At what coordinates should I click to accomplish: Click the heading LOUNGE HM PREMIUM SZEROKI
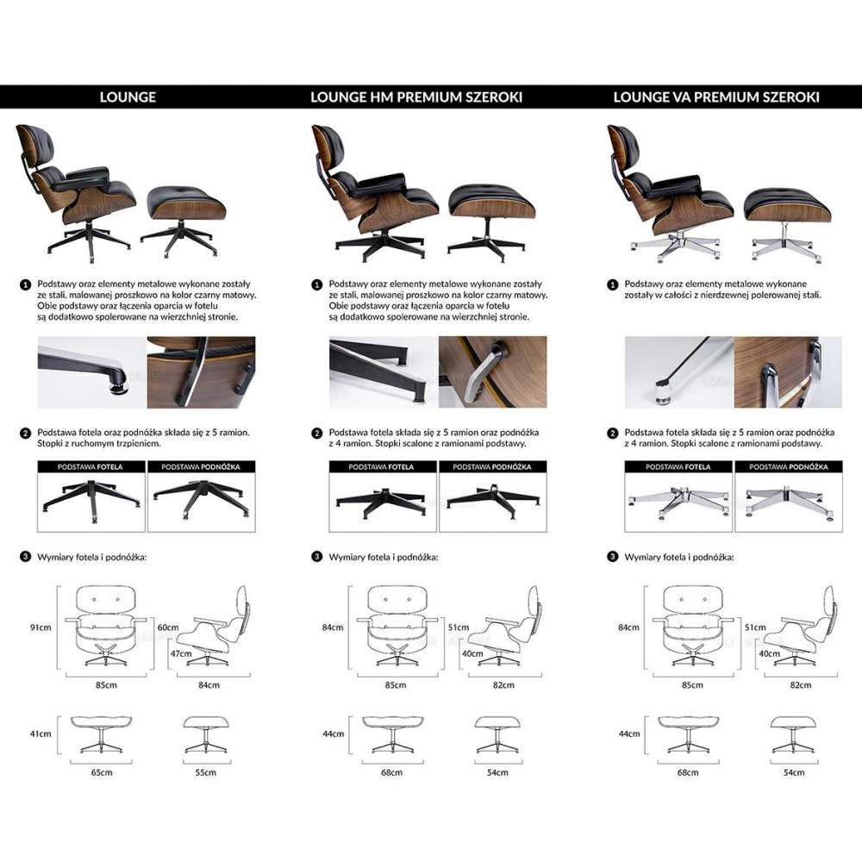tap(416, 97)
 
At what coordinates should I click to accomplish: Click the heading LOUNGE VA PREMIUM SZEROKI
tap(716, 97)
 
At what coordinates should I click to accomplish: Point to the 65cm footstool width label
tap(102, 772)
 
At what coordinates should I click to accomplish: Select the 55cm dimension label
tap(204, 772)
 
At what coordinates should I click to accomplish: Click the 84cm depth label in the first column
tap(209, 685)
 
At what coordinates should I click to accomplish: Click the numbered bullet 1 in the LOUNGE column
tap(26, 284)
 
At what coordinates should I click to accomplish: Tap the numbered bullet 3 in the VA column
tap(613, 557)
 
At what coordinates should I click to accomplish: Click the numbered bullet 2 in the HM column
tap(318, 433)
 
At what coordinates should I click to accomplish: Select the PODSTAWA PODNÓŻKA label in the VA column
tap(786, 466)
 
